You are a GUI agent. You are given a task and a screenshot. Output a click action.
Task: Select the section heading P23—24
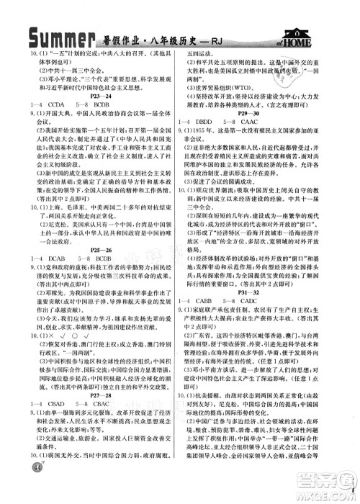coord(97,95)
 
